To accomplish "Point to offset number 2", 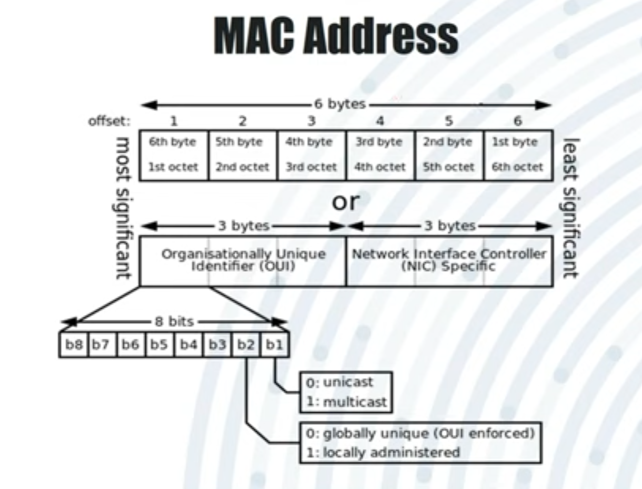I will [242, 121].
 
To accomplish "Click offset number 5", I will [449, 121].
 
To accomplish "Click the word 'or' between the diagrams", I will [345, 201].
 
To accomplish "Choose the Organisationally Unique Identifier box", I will [243, 260].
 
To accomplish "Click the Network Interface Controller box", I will [449, 260].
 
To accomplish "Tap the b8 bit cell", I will [74, 345].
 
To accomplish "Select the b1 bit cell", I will [274, 345].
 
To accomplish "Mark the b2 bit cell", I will [245, 345].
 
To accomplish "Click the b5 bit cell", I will [159, 345].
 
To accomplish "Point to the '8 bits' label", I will [174, 321].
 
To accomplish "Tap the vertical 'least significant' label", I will [571, 208].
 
